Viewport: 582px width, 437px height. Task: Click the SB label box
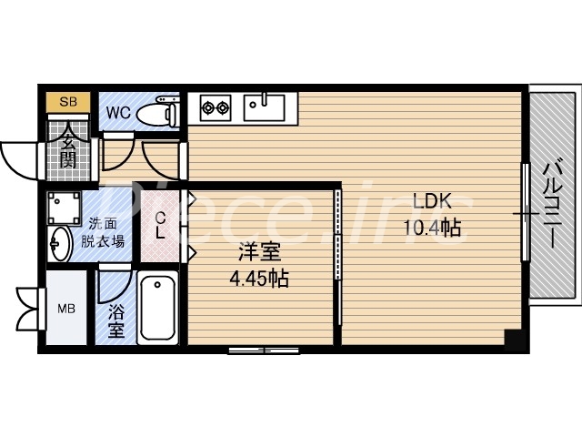point(68,101)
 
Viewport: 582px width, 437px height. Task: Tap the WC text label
point(118,113)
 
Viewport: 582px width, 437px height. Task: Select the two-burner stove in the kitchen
point(216,107)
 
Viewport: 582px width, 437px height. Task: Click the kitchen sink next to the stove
point(264,107)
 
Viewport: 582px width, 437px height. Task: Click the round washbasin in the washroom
point(59,244)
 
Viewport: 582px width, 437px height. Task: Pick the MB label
point(67,308)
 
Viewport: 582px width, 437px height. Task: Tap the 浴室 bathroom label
point(116,320)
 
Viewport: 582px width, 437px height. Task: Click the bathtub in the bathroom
point(158,308)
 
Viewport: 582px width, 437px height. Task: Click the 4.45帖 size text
point(258,279)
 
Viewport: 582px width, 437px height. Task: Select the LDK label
point(432,201)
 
